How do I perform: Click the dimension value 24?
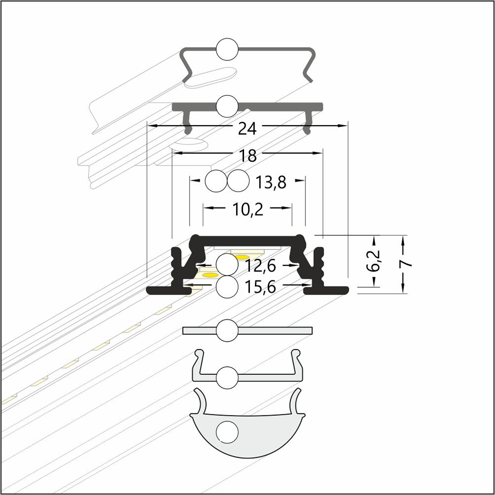pyautogui.click(x=247, y=129)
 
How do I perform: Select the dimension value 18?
pyautogui.click(x=248, y=156)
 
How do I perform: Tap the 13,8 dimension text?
pyautogui.click(x=271, y=183)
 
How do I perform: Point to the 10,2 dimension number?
pyautogui.click(x=248, y=209)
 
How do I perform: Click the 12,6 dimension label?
pyautogui.click(x=260, y=266)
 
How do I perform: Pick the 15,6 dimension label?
pyautogui.click(x=260, y=287)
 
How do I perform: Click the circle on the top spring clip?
pyautogui.click(x=227, y=49)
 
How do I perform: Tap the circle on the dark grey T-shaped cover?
pyautogui.click(x=227, y=106)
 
